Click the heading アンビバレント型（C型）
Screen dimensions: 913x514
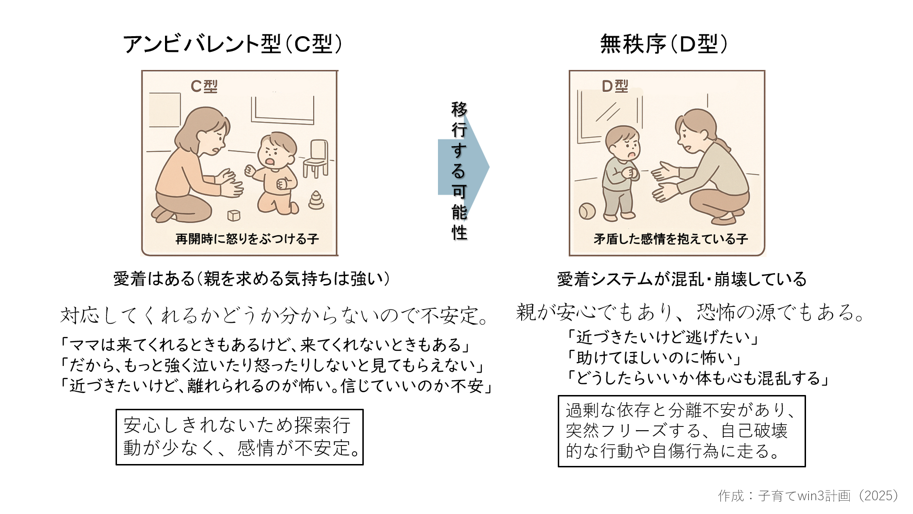[233, 44]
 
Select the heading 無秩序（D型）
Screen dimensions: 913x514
[664, 44]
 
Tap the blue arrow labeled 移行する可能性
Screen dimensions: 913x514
[463, 167]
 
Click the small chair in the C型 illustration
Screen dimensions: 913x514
[316, 158]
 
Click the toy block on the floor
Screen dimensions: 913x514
[234, 215]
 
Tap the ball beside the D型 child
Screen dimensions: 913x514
[587, 211]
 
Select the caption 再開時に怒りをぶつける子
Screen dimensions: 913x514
[247, 239]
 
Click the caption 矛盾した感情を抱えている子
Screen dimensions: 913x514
[670, 239]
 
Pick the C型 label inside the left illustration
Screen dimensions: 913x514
[204, 86]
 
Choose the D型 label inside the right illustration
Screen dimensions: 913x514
[615, 86]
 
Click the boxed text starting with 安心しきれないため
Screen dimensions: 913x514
[240, 437]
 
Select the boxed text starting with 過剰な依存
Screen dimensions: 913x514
[681, 431]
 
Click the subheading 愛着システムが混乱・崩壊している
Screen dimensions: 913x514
[682, 279]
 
